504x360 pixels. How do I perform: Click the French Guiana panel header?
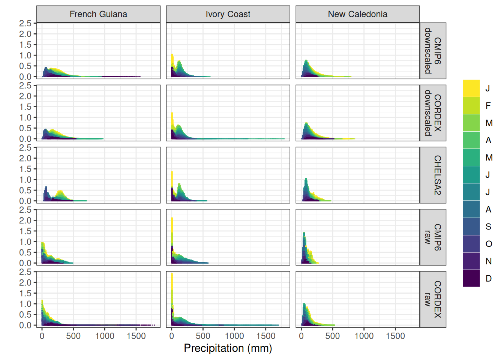tap(98, 14)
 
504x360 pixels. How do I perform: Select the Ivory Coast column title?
tap(228, 14)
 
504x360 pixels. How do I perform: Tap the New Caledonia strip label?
tap(357, 14)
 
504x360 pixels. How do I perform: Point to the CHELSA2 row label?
tap(433, 175)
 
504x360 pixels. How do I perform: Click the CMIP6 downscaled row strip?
tap(433, 51)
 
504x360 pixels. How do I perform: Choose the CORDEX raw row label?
tap(433, 299)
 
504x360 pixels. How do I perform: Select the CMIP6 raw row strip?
tap(433, 237)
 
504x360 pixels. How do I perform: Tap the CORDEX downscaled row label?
tap(433, 113)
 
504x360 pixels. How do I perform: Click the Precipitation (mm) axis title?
tap(228, 348)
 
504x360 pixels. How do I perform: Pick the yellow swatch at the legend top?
tap(471, 88)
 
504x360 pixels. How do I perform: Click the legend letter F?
tap(488, 106)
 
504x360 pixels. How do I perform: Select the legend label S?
tap(488, 226)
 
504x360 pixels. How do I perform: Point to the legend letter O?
tap(489, 244)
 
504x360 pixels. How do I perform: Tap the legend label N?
tap(489, 261)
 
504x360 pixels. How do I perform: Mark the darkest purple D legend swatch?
tap(471, 278)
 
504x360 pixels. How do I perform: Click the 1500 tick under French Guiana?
tap(136, 336)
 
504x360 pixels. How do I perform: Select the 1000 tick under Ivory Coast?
tap(234, 336)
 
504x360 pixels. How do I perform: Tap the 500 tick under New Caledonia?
tap(333, 336)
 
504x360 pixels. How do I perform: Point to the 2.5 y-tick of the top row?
tap(25, 23)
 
